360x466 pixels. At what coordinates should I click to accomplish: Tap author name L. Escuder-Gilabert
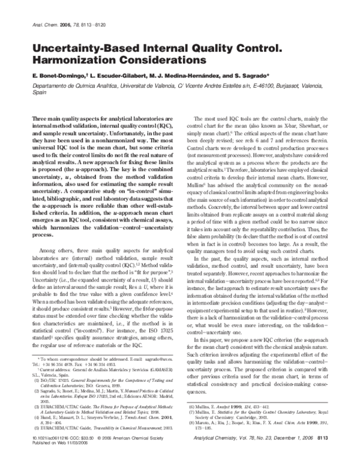tap(120, 77)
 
